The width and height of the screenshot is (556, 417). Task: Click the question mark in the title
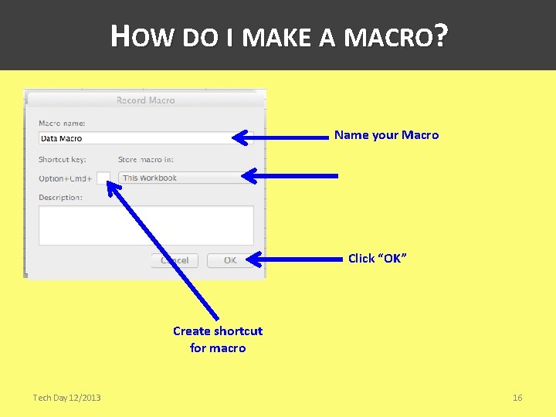tap(441, 36)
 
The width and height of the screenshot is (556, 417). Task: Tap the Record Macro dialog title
tap(145, 100)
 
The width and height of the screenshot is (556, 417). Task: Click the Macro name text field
tap(135, 138)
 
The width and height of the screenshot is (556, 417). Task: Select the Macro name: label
tap(62, 123)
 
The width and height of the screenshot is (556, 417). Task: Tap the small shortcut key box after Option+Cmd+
tap(103, 178)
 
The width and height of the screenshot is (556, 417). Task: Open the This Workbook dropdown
tap(181, 178)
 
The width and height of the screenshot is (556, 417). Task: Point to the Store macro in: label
tap(146, 160)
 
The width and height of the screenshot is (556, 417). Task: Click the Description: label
tap(60, 198)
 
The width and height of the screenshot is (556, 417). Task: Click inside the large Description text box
tap(146, 225)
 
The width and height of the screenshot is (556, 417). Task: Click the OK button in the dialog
tap(230, 260)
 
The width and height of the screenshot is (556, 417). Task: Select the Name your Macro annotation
tap(386, 135)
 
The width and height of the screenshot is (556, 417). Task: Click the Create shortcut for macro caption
tap(218, 339)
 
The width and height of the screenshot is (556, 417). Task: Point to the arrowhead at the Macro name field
tap(242, 138)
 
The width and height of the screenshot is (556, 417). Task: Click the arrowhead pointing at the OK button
tap(254, 260)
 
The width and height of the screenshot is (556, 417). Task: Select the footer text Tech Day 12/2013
tap(66, 398)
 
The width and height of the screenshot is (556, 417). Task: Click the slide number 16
tap(517, 398)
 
